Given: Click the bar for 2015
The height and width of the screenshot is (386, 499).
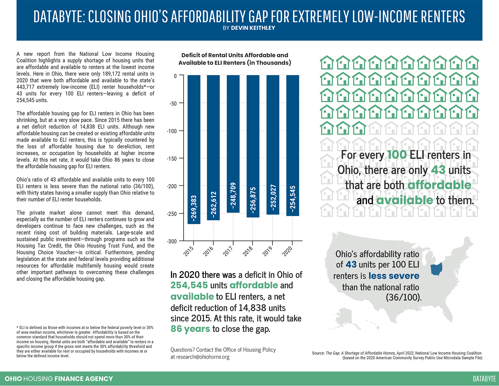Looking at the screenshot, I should click(194, 150).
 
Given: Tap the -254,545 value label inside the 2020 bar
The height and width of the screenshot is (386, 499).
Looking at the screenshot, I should click(292, 198).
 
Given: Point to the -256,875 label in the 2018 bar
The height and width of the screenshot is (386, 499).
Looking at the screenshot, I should click(253, 200).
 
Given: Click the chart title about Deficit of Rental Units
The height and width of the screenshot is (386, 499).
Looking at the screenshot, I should click(235, 59).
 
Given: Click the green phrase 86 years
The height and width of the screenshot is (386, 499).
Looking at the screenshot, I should click(190, 329).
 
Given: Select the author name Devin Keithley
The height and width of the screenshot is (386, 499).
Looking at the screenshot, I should click(253, 28).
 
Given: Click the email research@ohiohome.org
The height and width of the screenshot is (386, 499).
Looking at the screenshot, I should click(203, 357).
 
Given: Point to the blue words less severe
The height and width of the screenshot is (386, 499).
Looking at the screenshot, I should click(394, 276).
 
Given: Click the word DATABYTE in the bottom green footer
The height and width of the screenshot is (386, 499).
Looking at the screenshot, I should click(484, 379).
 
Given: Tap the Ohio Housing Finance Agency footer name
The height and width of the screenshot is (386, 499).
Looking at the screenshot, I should click(59, 379).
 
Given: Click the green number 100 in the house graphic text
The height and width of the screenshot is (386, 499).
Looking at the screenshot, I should click(397, 155).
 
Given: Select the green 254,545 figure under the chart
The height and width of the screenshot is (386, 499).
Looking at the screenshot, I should click(189, 285).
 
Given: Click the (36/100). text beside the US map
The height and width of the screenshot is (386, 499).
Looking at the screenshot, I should click(403, 297).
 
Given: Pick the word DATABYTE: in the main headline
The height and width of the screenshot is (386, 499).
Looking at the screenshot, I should click(59, 17).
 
